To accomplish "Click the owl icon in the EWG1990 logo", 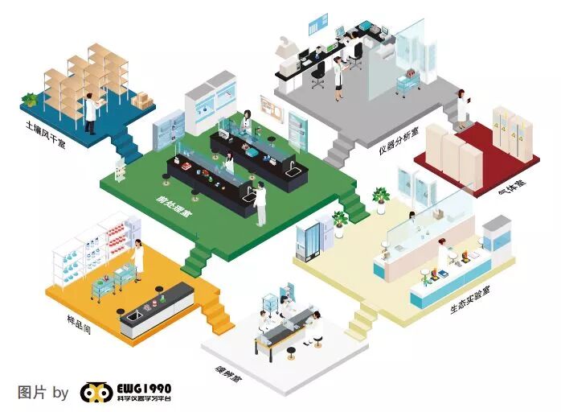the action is tap(96, 393).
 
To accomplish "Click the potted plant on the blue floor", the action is tap(30, 100).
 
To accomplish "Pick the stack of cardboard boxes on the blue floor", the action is tap(141, 99).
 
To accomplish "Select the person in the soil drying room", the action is tap(91, 111).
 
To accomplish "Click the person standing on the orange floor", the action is tap(139, 259).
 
